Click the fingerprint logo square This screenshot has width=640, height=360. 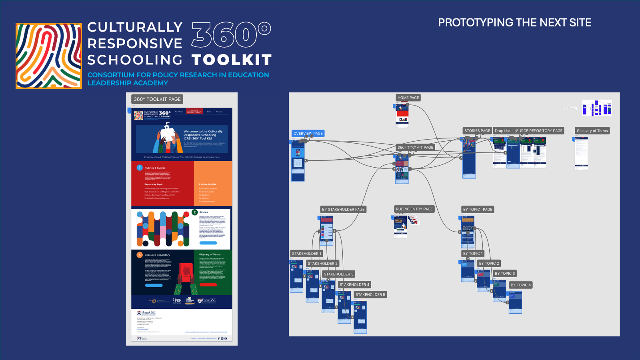[48, 56]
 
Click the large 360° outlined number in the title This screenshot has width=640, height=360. [231, 35]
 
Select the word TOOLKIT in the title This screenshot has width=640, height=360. [232, 60]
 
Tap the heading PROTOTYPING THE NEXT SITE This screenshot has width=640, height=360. [514, 23]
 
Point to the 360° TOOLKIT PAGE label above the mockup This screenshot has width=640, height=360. [157, 99]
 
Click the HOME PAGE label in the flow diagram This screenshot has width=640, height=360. [408, 98]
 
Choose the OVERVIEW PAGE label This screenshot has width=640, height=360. [308, 134]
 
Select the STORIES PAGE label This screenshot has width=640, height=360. [477, 131]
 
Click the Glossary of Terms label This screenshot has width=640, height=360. [592, 131]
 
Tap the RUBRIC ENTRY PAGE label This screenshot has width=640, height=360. [414, 209]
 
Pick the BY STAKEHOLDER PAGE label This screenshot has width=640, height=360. [343, 210]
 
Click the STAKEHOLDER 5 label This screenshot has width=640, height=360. [370, 295]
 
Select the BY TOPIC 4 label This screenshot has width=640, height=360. [520, 285]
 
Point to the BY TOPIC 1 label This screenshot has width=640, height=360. [473, 254]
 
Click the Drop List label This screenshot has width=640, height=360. [502, 131]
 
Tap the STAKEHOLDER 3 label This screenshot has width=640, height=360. [338, 274]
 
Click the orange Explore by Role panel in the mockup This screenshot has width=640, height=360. [213, 183]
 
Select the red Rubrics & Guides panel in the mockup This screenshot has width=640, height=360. [162, 183]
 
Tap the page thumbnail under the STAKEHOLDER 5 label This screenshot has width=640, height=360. [360, 317]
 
